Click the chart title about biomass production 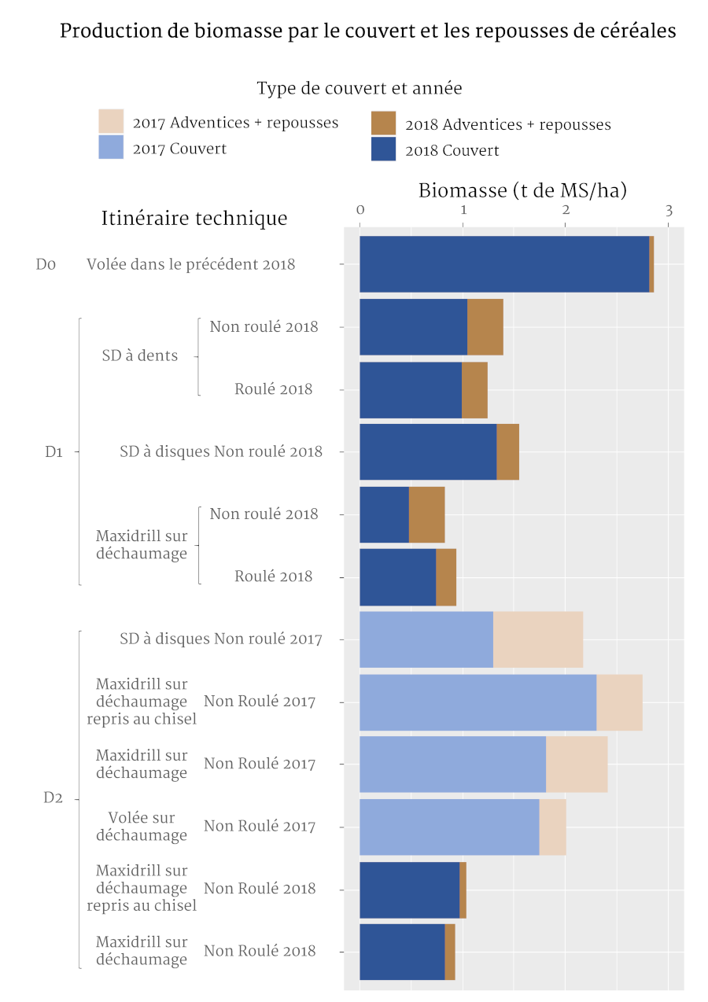tap(367, 31)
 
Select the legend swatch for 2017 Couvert tap(111, 147)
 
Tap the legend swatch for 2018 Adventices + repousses tap(383, 123)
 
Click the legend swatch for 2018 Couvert tap(383, 149)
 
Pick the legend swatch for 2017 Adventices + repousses tap(111, 122)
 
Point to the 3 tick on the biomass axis tap(669, 210)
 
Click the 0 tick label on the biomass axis tap(360, 210)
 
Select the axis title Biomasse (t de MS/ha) tap(522, 190)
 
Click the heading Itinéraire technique tap(194, 218)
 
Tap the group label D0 tap(46, 264)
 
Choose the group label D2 tap(53, 798)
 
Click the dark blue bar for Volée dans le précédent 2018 tap(503, 264)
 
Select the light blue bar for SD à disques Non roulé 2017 tap(426, 639)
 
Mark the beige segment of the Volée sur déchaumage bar tap(552, 827)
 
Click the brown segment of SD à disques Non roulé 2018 tap(507, 451)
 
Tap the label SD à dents tap(140, 355)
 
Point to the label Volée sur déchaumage tap(142, 827)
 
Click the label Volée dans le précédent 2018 tap(190, 264)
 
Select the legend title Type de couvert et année tap(359, 88)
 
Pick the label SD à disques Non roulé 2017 tap(220, 639)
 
